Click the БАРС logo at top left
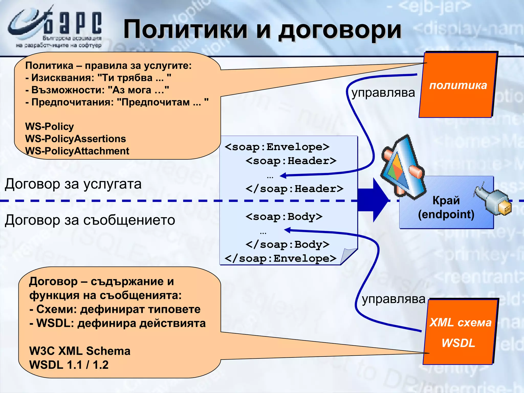tap(55, 27)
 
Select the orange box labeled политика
tap(458, 85)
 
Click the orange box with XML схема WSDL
tap(459, 332)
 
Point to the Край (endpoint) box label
tap(446, 207)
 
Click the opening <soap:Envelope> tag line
tap(277, 147)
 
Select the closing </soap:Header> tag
tap(294, 189)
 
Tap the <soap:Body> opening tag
tap(284, 217)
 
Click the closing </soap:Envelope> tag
tap(280, 258)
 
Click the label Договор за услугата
tap(73, 184)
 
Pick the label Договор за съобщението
tap(90, 220)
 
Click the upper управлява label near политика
tap(383, 92)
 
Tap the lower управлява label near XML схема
tap(394, 299)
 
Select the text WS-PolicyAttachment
tap(77, 151)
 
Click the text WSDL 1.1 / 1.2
tap(69, 365)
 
